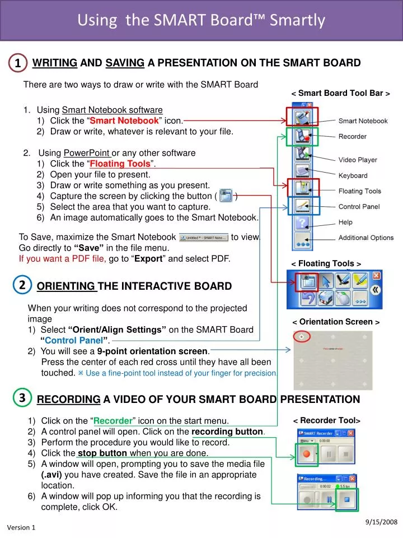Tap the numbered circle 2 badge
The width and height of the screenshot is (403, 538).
click(x=21, y=285)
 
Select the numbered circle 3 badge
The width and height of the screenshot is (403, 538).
click(x=21, y=398)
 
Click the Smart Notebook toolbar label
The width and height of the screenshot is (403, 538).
click(x=363, y=121)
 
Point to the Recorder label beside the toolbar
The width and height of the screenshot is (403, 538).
click(x=353, y=137)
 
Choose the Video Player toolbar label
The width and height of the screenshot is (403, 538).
click(x=358, y=160)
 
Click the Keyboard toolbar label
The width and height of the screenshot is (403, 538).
click(x=353, y=176)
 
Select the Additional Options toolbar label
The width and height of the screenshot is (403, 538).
click(x=365, y=238)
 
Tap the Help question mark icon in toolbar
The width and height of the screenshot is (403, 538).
click(x=303, y=223)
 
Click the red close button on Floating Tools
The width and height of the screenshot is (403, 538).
click(x=377, y=276)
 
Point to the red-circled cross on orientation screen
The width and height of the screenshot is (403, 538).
click(x=302, y=337)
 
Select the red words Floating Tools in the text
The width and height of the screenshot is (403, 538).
click(x=120, y=164)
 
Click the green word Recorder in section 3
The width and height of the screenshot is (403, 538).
click(x=113, y=421)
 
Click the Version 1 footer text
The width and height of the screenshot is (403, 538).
click(x=21, y=528)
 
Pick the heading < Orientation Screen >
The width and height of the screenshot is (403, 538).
click(x=336, y=322)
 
